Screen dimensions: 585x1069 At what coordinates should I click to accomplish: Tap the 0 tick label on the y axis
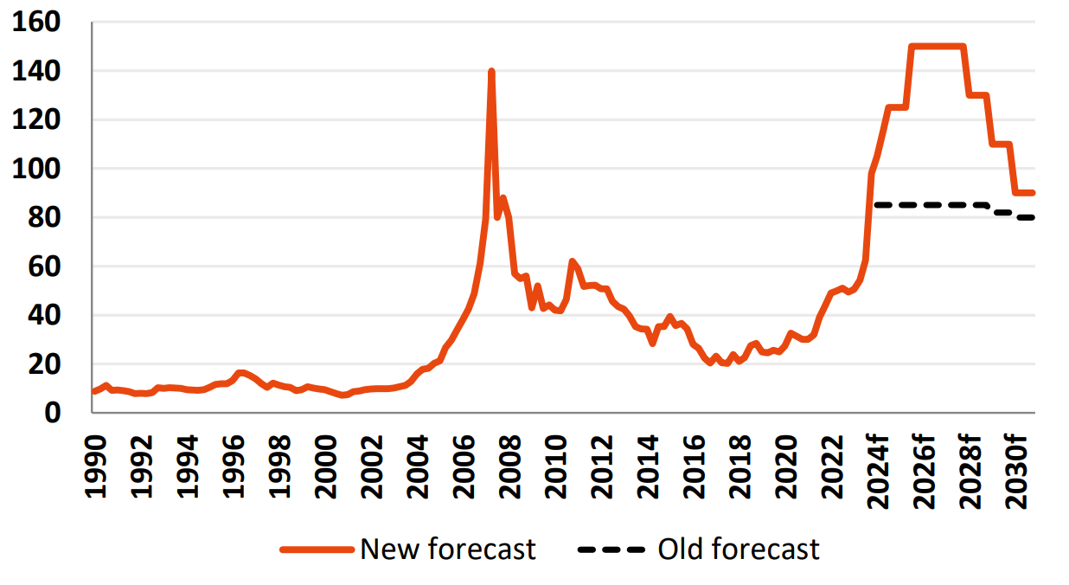[54, 413]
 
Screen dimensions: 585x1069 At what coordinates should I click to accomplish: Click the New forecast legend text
[448, 549]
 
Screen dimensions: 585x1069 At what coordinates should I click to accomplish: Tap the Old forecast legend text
[739, 549]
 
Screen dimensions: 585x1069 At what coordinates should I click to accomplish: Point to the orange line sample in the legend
[317, 550]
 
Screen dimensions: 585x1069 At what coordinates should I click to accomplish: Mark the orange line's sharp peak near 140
[491, 72]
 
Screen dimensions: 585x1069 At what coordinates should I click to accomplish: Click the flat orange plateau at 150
[937, 47]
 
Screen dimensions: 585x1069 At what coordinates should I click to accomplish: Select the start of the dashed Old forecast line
[876, 205]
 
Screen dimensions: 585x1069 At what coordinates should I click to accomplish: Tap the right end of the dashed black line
[1033, 217]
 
